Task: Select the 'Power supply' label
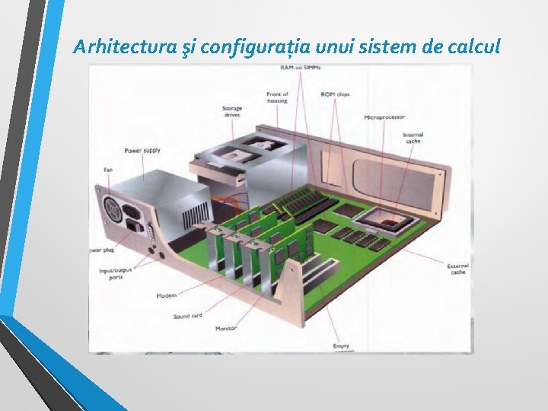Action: [x=142, y=150]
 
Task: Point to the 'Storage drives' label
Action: [x=232, y=112]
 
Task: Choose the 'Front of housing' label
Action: [x=277, y=97]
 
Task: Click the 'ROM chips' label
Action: [x=335, y=94]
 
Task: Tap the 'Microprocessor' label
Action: [x=384, y=117]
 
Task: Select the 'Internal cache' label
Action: [x=413, y=138]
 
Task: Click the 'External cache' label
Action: [x=458, y=269]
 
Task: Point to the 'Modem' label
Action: [x=166, y=295]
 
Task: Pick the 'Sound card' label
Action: [x=187, y=316]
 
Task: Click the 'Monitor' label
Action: [x=225, y=328]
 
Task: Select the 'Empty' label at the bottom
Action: [x=340, y=346]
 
